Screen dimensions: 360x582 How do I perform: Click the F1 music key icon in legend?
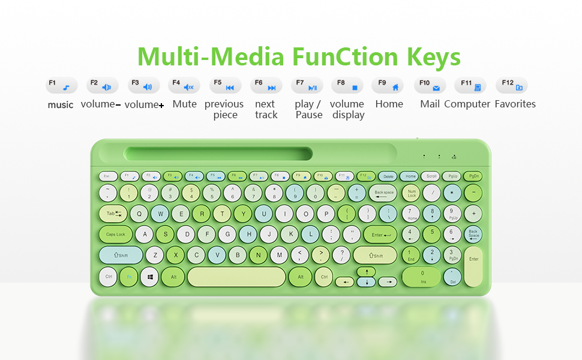pos(62,86)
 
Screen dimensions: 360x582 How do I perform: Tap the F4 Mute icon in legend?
pos(184,86)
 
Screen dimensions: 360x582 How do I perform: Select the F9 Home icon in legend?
pos(388,86)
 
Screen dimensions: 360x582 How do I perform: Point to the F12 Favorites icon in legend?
pos(512,86)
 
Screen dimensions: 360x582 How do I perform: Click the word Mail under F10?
pos(430,104)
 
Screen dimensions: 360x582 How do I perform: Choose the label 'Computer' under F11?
pos(467,104)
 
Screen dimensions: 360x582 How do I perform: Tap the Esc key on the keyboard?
pos(107,176)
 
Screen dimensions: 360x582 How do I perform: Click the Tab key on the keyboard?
pos(113,214)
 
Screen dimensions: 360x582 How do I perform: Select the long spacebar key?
pos(236,277)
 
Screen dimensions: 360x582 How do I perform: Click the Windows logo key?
pos(150,277)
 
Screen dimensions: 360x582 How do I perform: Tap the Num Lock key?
pos(412,193)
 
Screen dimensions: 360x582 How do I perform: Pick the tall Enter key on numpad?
pos(473,266)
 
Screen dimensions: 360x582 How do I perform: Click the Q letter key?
pos(139,214)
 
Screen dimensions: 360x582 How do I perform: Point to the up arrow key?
pos(365,272)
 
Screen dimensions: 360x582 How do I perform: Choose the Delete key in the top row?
pos(388,176)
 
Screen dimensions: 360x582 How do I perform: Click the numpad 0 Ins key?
pos(422,277)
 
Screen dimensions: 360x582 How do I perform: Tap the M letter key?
pos(279,255)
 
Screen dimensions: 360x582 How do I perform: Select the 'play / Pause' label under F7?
pos(308,109)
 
